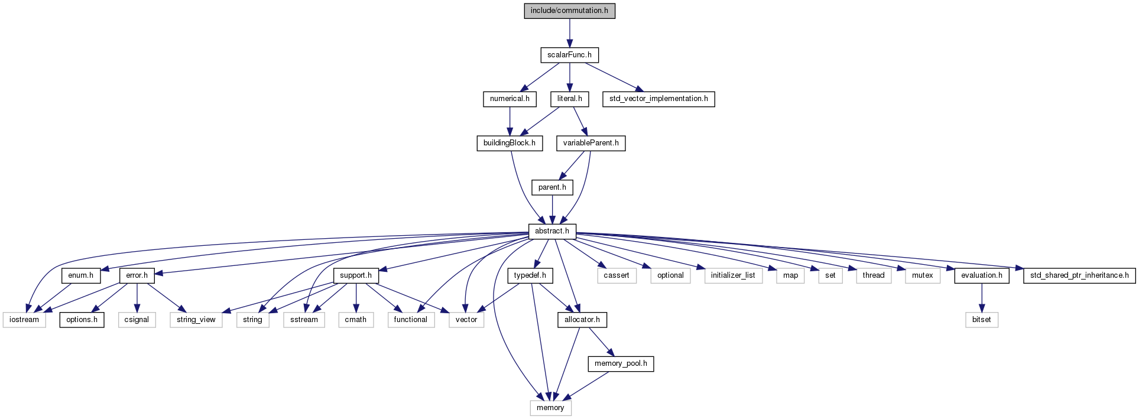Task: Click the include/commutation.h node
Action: coord(569,11)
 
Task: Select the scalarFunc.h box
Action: coord(569,55)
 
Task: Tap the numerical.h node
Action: coord(510,99)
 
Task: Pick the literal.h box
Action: coord(569,99)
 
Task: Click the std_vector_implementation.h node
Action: coord(658,99)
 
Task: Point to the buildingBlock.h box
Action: coord(510,143)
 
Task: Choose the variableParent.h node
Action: coord(590,143)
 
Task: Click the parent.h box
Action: coord(552,187)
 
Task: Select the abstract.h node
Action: coord(552,231)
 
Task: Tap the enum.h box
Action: coord(81,275)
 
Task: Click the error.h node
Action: coord(137,275)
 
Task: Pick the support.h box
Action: coord(356,275)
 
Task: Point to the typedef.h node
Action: coord(530,275)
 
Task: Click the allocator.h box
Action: coord(582,320)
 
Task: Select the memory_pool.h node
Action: coord(621,363)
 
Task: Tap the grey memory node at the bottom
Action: coord(550,408)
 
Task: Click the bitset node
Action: coord(982,320)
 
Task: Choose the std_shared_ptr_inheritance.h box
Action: coord(1079,275)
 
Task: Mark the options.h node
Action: coord(82,320)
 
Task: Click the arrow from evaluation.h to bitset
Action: coord(982,298)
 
